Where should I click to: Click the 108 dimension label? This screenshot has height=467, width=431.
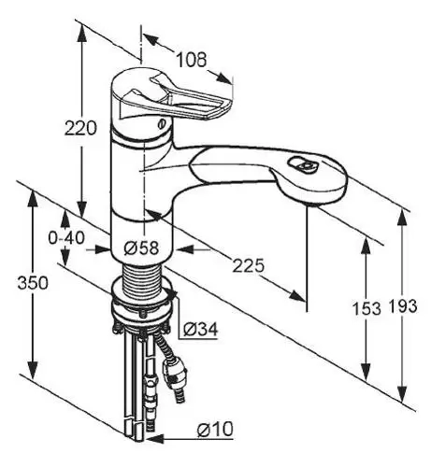pos(192,60)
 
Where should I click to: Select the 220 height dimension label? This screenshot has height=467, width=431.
pos(80,128)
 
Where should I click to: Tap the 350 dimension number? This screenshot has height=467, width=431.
pos(33,283)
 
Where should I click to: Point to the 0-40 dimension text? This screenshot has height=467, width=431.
pos(66,238)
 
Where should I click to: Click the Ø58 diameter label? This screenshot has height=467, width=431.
pos(141,248)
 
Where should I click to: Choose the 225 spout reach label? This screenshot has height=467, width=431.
pos(249,266)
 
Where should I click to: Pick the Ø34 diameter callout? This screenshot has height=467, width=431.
pos(200,329)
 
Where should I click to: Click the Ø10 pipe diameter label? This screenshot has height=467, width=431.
pos(215,429)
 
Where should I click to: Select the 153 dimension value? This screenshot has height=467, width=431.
pos(366,308)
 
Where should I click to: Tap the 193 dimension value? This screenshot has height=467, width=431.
pos(402,306)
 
